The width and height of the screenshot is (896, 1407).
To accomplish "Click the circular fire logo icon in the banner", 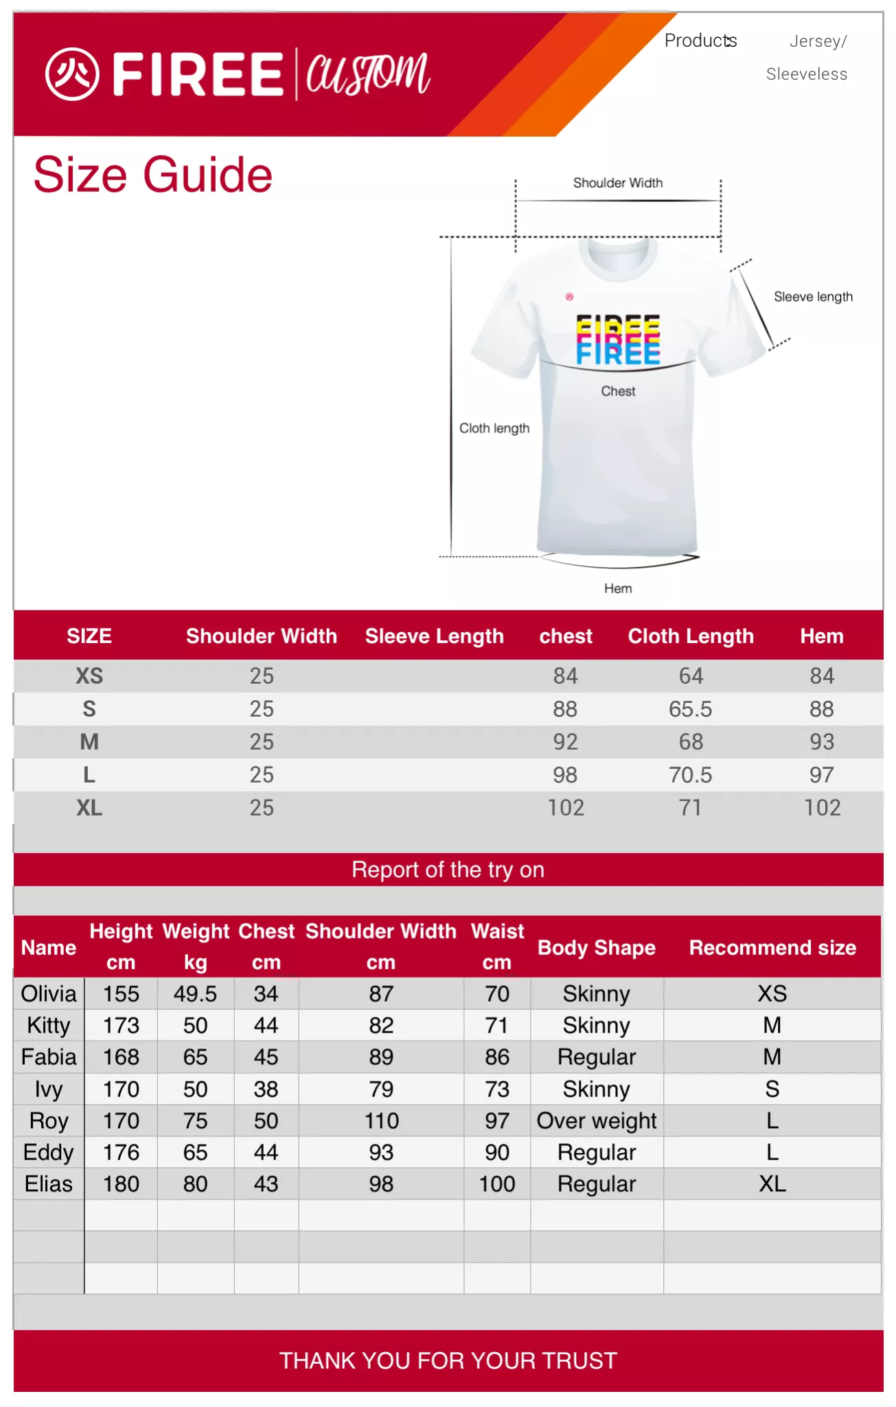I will click(x=72, y=74).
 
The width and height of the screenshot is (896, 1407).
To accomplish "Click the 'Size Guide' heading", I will click(x=152, y=175).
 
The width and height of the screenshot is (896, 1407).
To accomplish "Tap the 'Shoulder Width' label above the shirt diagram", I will click(x=617, y=183).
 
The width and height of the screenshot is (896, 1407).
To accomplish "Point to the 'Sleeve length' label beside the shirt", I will click(x=813, y=297).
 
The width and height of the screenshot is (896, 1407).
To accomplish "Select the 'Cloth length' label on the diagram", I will click(x=494, y=428).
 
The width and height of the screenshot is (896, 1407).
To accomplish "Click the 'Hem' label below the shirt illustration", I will click(x=618, y=588).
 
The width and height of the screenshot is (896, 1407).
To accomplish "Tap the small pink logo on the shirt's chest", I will click(x=569, y=297).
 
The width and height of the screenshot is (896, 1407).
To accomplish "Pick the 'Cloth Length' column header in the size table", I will click(x=690, y=636).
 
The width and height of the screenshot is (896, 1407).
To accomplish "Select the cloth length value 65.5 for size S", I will click(x=690, y=709).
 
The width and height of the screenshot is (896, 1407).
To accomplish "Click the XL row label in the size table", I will click(x=89, y=808).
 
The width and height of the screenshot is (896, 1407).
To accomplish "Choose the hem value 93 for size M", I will click(x=821, y=742).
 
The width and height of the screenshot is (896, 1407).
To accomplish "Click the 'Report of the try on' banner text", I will click(x=448, y=870).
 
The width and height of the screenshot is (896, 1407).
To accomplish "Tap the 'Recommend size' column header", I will click(x=772, y=948).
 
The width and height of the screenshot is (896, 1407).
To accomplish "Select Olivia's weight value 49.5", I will click(x=195, y=994).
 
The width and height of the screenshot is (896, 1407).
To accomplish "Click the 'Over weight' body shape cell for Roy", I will click(x=597, y=1121).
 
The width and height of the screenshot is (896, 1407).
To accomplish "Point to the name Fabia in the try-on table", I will click(x=49, y=1057).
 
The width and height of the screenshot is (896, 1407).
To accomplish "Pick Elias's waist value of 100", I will click(x=497, y=1184).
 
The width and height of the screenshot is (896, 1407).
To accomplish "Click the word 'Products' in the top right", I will click(x=700, y=41).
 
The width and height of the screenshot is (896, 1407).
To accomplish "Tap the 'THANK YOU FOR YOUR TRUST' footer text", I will click(x=448, y=1360).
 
